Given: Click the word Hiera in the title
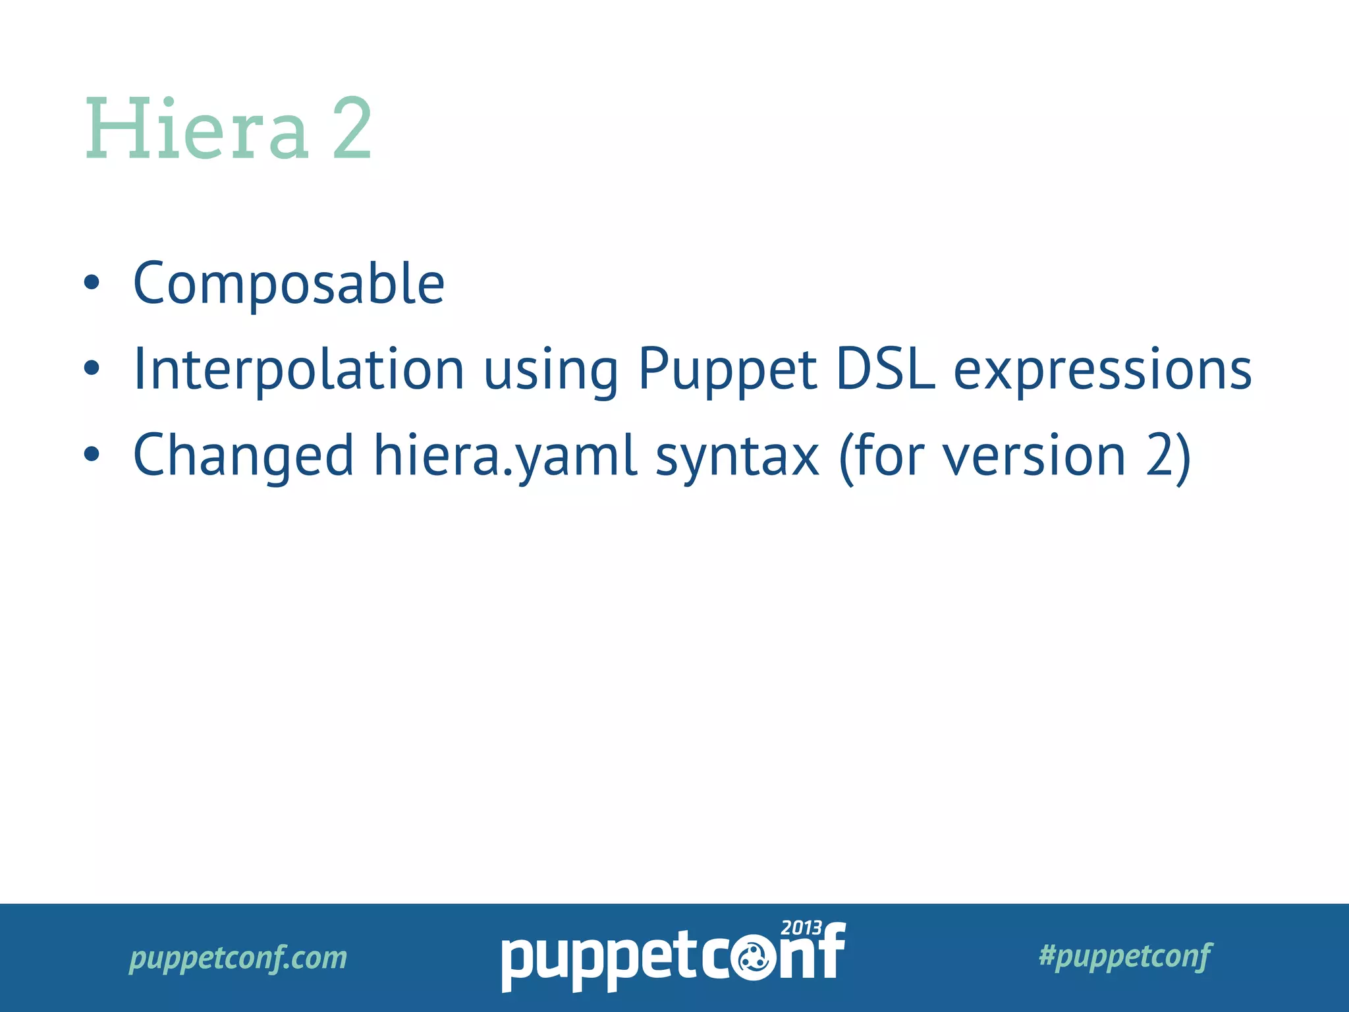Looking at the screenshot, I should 196,129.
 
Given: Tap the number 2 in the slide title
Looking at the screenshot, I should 352,129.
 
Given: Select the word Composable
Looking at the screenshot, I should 289,284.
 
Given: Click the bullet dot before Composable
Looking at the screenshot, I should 92,283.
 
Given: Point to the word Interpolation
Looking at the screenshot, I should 298,370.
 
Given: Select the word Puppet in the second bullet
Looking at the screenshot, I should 727,371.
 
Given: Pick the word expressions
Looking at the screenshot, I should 1102,371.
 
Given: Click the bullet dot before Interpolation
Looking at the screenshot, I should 92,369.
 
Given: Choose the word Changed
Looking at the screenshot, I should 243,457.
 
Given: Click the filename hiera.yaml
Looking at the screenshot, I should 505,457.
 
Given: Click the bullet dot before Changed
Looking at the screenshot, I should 92,455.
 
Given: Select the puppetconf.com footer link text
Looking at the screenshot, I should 238,957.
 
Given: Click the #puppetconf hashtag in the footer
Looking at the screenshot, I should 1124,955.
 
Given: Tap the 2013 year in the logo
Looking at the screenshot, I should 800,928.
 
